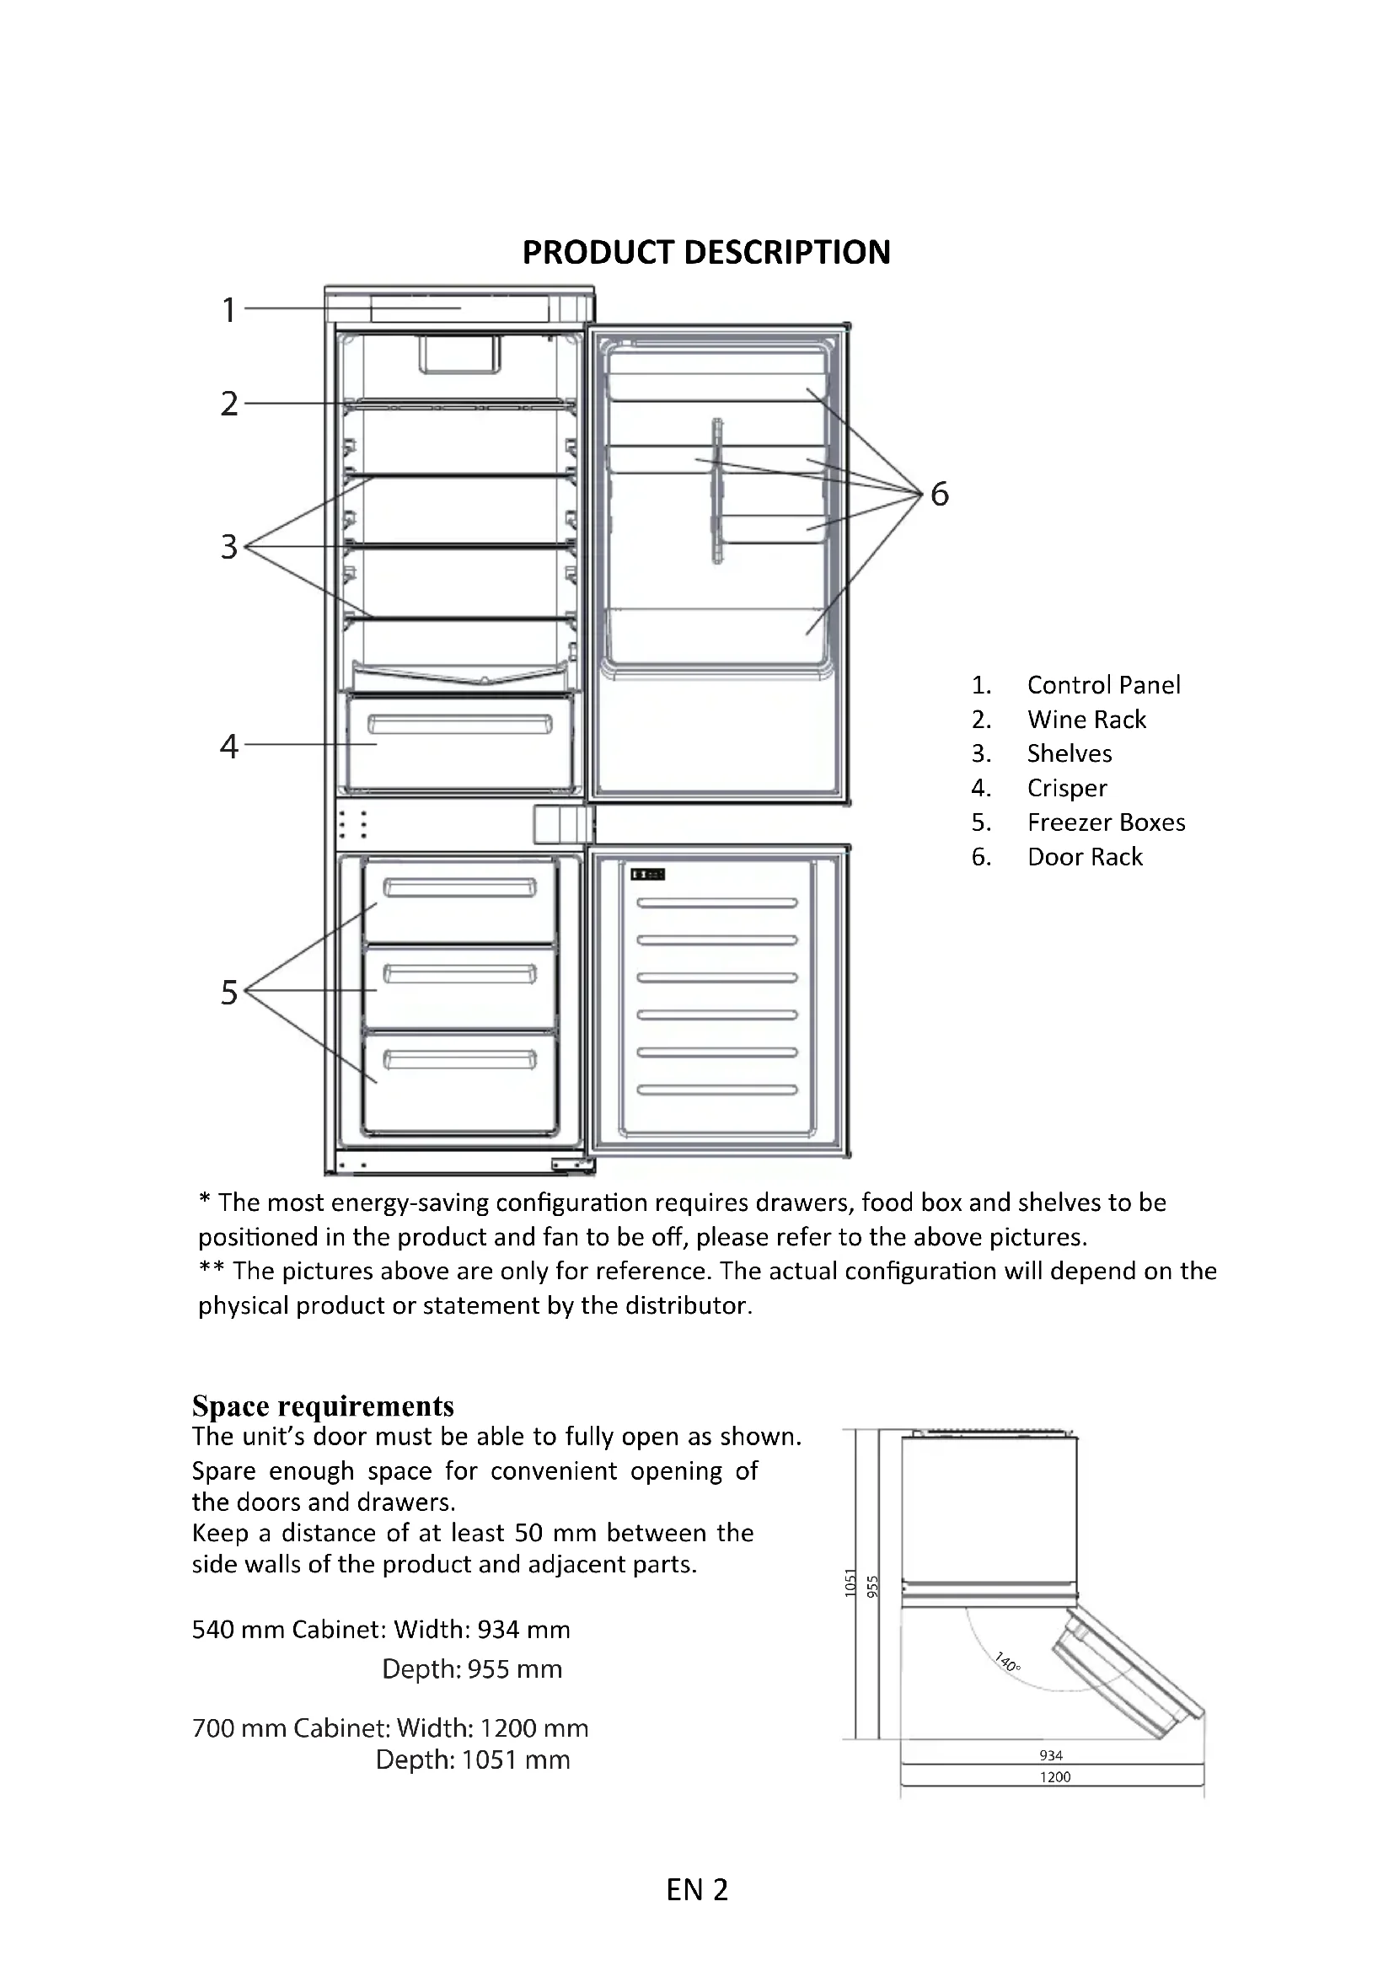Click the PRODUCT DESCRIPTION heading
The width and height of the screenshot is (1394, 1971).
point(705,253)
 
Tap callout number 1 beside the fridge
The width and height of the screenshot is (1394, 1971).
point(228,310)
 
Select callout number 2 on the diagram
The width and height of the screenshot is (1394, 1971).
point(228,404)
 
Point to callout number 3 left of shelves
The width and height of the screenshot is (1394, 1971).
point(228,547)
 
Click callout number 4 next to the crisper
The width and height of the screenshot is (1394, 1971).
point(228,746)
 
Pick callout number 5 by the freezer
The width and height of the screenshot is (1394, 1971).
point(228,993)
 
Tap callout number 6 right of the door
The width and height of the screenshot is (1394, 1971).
point(940,495)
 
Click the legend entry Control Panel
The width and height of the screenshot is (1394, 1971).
point(1103,685)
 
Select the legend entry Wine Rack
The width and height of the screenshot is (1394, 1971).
point(1086,720)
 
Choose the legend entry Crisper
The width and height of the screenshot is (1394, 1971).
point(1067,788)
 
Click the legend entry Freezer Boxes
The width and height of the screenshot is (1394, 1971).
point(1106,822)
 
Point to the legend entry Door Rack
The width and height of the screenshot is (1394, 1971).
point(1085,857)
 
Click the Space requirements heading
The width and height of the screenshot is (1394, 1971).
point(323,1406)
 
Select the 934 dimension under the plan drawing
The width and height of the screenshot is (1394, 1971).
point(1051,1755)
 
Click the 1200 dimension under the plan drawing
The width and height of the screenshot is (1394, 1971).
point(1055,1777)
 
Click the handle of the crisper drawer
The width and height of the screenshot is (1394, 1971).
point(459,726)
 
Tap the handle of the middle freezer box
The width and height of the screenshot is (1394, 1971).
point(459,973)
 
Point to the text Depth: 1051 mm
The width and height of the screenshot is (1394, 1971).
point(472,1759)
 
